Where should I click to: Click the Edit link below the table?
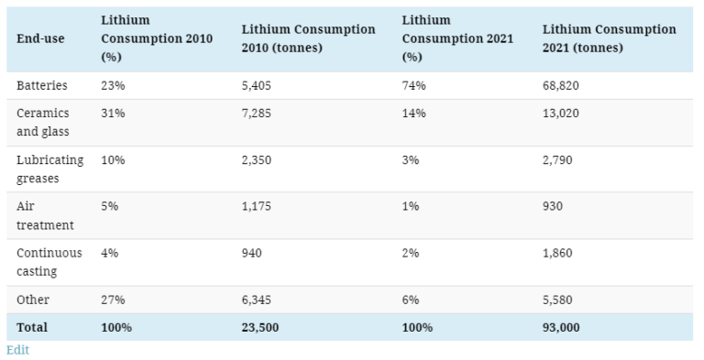tap(17, 350)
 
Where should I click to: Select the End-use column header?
tap(40, 39)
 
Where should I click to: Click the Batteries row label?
tap(42, 85)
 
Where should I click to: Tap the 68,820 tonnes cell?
tap(561, 85)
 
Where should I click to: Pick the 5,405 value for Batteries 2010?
tap(257, 85)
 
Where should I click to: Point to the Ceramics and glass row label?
tap(43, 122)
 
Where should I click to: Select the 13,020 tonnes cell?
tap(561, 113)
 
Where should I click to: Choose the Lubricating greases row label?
tap(49, 169)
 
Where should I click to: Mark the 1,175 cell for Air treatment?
tap(257, 206)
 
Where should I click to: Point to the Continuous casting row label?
tap(49, 262)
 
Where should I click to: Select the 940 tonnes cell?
tap(251, 253)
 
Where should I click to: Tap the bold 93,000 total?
tap(561, 327)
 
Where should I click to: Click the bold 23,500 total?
tap(260, 327)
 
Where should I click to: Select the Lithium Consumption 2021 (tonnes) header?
tap(609, 38)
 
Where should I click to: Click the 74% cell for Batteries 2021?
tap(414, 85)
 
